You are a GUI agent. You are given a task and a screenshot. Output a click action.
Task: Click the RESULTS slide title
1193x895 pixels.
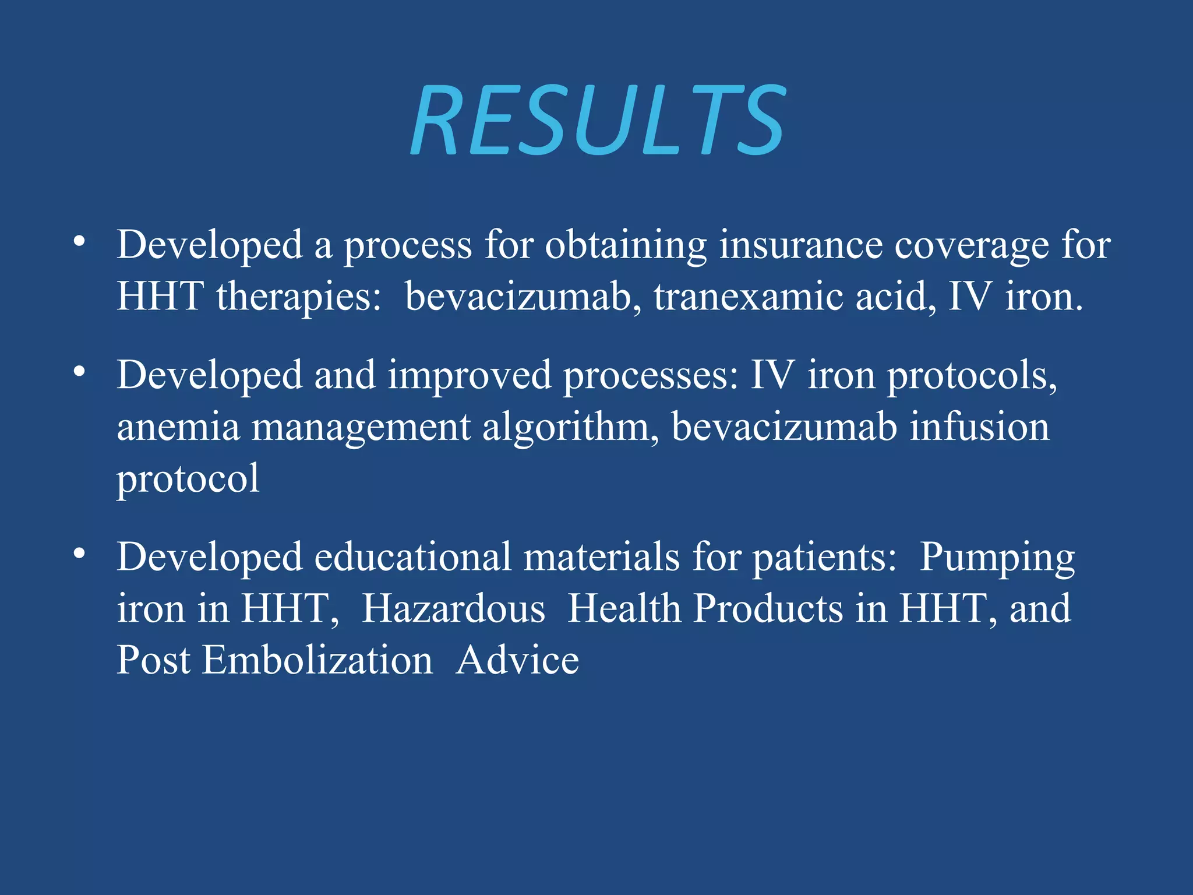tap(598, 119)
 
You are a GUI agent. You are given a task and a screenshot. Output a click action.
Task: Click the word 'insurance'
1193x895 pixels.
tap(801, 245)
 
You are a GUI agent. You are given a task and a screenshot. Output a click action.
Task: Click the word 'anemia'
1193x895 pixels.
tap(178, 427)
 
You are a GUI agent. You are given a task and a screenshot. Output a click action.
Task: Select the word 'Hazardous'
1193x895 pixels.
tap(453, 609)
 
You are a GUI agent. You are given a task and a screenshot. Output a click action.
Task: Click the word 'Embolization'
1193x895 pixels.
tap(317, 661)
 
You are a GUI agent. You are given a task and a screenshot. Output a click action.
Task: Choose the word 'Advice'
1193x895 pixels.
tap(517, 661)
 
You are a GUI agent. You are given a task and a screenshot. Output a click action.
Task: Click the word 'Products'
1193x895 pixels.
tap(768, 609)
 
